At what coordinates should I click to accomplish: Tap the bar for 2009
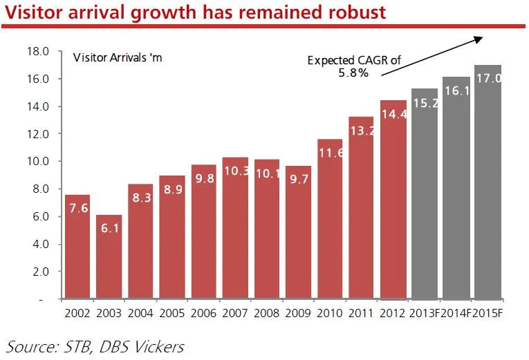click(298, 232)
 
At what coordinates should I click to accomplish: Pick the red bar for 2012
click(393, 200)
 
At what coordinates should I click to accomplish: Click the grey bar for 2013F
click(425, 194)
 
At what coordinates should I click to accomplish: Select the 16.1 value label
click(456, 109)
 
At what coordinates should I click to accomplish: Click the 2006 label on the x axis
click(203, 313)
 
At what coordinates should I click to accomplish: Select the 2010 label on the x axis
click(330, 313)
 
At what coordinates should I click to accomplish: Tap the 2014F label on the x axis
click(456, 313)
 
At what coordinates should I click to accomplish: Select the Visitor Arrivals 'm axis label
click(118, 57)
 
